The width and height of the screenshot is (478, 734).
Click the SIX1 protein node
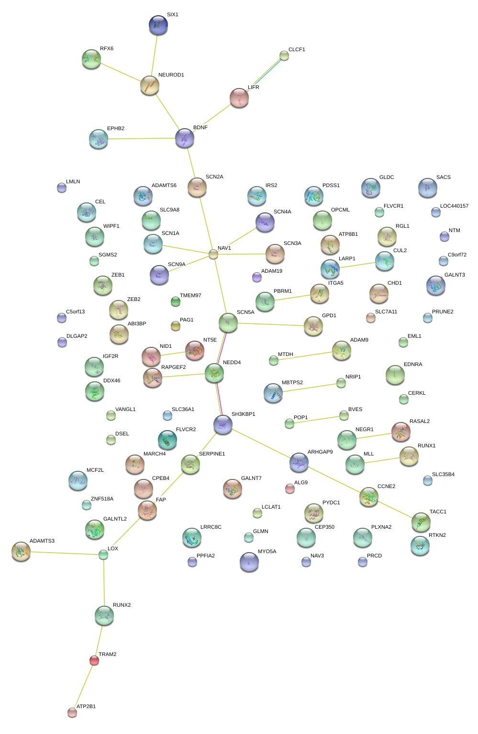158,25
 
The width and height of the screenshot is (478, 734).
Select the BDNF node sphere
185,138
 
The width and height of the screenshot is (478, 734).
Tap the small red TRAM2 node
94,660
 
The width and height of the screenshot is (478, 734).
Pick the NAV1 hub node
213,254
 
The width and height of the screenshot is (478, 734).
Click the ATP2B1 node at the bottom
72,712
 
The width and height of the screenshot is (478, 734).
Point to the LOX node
103,555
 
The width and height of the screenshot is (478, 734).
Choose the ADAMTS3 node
21,551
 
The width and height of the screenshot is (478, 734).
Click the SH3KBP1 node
223,424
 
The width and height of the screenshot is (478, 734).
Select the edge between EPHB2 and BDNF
144,139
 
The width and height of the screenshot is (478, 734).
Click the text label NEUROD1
171,75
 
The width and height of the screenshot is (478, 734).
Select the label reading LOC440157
454,206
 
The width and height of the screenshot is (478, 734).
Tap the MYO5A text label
267,552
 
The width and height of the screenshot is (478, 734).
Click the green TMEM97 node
176,301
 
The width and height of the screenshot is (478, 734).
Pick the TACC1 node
421,522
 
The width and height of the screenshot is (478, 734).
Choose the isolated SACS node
427,188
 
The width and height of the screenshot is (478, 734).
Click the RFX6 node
91,59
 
